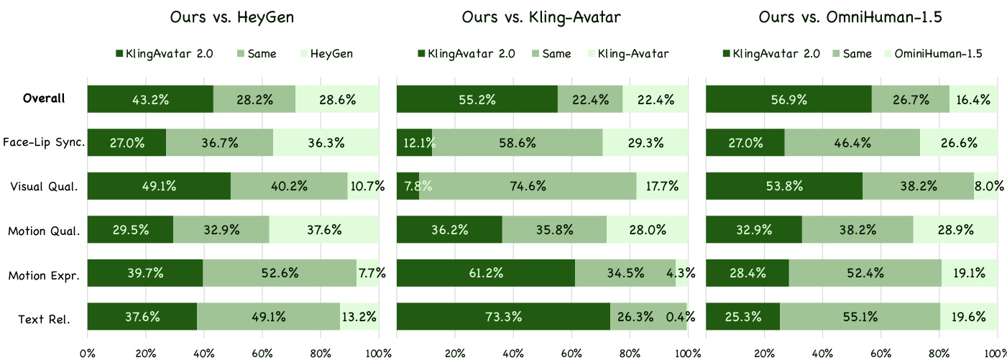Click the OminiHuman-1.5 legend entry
click(x=935, y=53)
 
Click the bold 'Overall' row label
click(x=45, y=98)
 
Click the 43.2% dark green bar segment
click(x=150, y=99)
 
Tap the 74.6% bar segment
click(x=528, y=186)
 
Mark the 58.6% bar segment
click(x=518, y=142)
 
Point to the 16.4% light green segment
click(x=973, y=99)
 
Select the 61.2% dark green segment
click(x=486, y=274)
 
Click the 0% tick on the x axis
click(x=87, y=353)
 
